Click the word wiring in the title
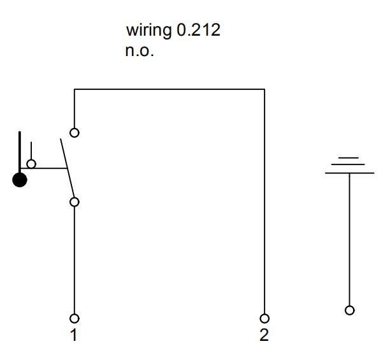[x=149, y=31]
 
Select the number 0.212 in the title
[x=198, y=30]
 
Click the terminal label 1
[x=74, y=335]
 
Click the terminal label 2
[x=264, y=335]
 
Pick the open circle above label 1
[x=75, y=318]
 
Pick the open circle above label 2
[x=264, y=318]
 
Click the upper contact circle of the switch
[x=75, y=133]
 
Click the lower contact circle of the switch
[x=75, y=202]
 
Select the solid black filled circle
[x=20, y=180]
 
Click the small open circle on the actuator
[x=31, y=164]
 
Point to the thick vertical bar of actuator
[x=20, y=150]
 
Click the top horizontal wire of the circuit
[x=170, y=90]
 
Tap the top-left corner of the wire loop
[x=75, y=90]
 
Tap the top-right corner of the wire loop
[x=264, y=90]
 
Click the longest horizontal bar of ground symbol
[x=349, y=173]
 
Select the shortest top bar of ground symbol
[x=349, y=157]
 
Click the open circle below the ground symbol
[x=349, y=310]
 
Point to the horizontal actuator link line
[x=48, y=168]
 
